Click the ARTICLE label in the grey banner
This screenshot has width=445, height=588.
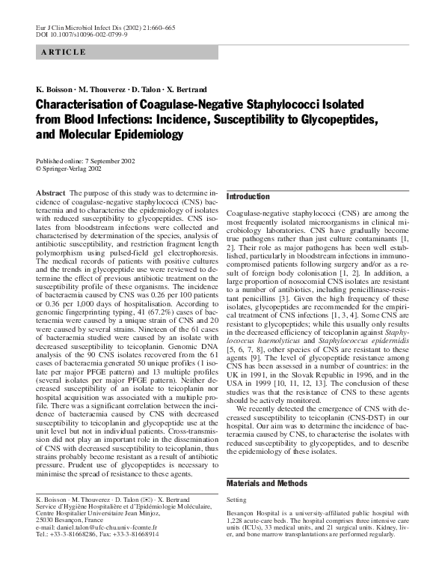click(x=64, y=52)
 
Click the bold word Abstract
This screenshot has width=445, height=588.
click(x=51, y=193)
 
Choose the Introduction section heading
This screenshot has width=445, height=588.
click(x=248, y=196)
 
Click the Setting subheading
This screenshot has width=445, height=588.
click(x=236, y=500)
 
